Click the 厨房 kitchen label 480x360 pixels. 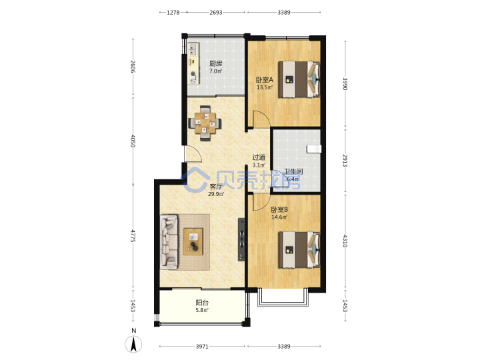click(215, 64)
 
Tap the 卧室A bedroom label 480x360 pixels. click(265, 80)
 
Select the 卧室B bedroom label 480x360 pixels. click(279, 210)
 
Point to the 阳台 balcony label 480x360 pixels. click(202, 303)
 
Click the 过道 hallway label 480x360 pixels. click(259, 157)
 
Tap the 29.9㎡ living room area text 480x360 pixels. click(216, 194)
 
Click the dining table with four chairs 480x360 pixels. click(205, 123)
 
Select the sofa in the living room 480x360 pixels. click(169, 242)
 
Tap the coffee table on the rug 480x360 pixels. click(193, 241)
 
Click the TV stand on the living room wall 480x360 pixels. click(241, 239)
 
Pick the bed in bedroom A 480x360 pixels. click(299, 79)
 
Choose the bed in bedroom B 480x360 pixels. click(299, 250)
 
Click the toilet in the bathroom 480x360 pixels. click(314, 149)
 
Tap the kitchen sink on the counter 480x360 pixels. click(193, 49)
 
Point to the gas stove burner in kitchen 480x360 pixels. click(193, 73)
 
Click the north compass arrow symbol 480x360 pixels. click(133, 344)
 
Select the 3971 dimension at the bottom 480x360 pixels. click(202, 346)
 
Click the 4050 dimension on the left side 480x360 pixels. click(133, 141)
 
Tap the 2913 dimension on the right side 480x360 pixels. click(345, 161)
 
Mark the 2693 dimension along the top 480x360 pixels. click(216, 12)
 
